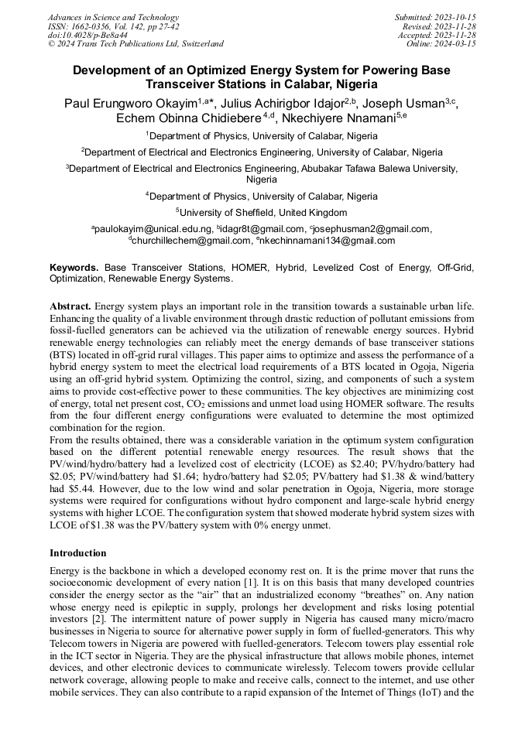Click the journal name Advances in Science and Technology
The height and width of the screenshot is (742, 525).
(x=113, y=17)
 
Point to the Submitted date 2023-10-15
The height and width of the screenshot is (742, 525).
(x=435, y=17)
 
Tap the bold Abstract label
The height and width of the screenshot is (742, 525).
(x=70, y=306)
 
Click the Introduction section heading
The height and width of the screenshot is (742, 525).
(x=77, y=552)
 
